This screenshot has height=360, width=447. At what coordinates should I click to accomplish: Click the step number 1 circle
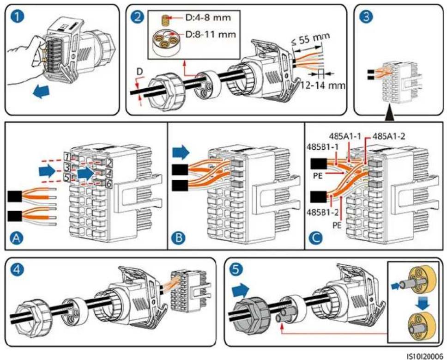point(18,17)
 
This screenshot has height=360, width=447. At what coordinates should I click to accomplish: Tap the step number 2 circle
point(138,17)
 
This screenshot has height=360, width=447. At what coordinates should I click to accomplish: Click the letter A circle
point(17,238)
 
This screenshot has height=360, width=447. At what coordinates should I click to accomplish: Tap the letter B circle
point(179,238)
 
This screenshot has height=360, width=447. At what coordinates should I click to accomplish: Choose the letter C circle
point(316,238)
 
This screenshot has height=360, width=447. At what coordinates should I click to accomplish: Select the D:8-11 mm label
point(211,35)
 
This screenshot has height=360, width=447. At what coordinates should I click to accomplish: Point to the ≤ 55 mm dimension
point(311,40)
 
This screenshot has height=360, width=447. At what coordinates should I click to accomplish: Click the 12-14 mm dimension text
point(323,85)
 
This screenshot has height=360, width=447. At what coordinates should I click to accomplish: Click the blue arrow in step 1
point(42,92)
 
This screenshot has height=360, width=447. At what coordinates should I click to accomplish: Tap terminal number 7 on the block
point(66,157)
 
